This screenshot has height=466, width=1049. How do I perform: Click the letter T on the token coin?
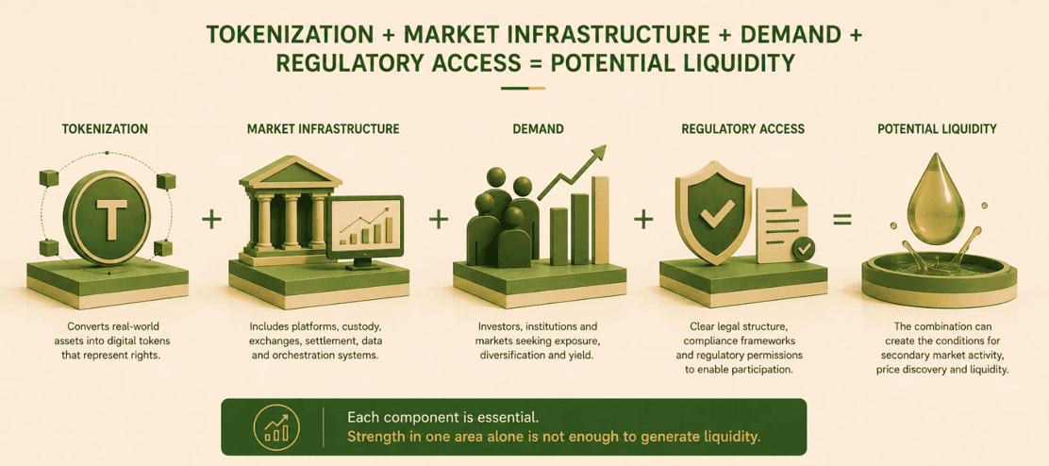(x=107, y=216)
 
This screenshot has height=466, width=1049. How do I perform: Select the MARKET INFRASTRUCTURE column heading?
(x=324, y=128)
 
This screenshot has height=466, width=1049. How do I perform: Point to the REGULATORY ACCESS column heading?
(x=742, y=128)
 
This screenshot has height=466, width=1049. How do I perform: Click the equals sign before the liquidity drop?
(x=841, y=219)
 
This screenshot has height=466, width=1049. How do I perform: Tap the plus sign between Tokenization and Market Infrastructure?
(x=211, y=219)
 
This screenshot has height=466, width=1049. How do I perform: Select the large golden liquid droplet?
(x=936, y=206)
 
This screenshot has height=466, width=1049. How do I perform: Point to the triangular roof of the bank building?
(x=290, y=170)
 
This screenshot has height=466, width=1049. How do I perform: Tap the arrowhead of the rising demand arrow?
(x=599, y=152)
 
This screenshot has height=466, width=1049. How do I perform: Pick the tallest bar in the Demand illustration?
(x=600, y=220)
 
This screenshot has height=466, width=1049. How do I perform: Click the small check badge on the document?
(x=803, y=249)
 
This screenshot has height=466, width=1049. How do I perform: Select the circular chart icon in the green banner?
(x=276, y=426)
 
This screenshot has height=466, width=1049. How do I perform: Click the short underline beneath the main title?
(x=524, y=88)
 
